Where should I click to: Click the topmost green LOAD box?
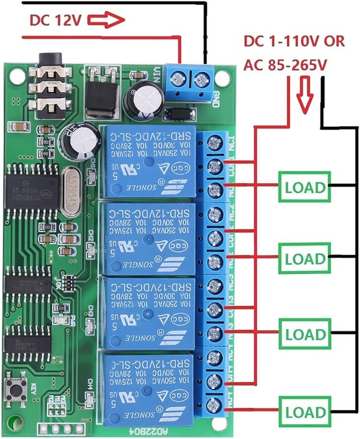[306, 187]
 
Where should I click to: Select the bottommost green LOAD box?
[306, 410]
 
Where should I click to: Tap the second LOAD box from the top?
[306, 257]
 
